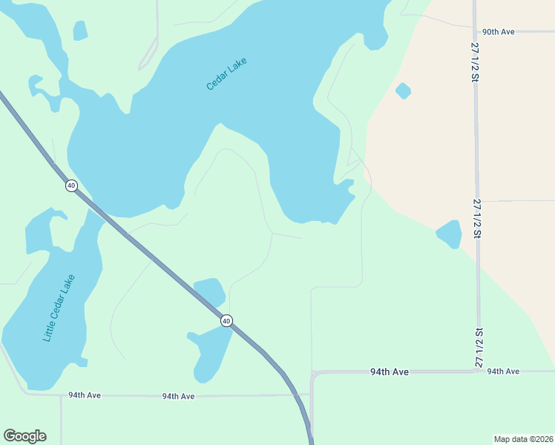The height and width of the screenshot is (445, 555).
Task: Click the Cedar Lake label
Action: [226, 74]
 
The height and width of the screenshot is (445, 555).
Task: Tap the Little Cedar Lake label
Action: [59, 308]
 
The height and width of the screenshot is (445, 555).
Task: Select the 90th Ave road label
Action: [498, 32]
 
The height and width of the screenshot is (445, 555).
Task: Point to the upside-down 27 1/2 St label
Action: [479, 347]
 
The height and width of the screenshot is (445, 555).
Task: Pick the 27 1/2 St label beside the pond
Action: [479, 219]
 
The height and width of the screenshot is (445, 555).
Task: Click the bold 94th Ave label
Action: [390, 372]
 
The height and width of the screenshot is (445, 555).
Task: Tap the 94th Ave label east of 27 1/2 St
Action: [503, 371]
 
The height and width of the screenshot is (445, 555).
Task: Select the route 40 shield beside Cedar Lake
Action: [71, 185]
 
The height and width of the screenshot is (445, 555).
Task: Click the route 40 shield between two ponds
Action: [226, 320]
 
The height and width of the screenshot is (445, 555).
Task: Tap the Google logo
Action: [24, 436]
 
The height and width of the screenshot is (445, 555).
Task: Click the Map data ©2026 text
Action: [523, 439]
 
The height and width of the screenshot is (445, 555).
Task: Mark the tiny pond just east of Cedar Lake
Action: [403, 91]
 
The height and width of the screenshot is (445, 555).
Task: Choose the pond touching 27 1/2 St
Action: [450, 234]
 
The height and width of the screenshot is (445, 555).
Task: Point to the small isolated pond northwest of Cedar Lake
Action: [80, 30]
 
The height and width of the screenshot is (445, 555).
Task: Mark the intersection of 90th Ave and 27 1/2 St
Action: [476, 32]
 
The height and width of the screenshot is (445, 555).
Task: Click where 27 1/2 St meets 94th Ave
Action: [479, 370]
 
